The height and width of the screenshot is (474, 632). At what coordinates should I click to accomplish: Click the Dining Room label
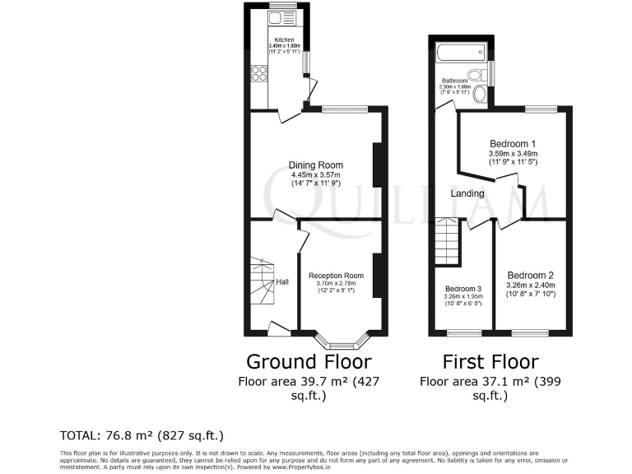315,165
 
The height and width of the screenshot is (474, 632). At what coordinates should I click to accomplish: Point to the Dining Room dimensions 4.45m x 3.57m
315,175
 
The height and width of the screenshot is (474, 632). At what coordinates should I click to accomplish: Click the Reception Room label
336,276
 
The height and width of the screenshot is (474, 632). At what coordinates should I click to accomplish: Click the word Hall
282,282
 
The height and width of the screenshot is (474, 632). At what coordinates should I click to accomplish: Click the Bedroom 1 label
513,142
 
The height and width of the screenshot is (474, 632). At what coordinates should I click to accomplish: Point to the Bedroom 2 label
531,276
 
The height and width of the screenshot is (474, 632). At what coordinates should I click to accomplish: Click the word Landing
467,194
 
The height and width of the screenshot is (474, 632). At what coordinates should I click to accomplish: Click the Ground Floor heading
309,361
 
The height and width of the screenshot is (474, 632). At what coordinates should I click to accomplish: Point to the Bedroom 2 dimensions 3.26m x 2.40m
531,287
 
